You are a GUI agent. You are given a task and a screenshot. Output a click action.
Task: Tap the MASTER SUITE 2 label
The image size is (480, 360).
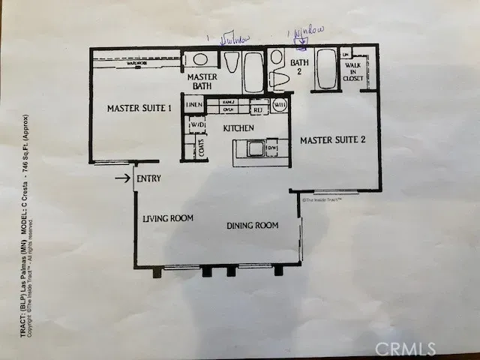point(332,140)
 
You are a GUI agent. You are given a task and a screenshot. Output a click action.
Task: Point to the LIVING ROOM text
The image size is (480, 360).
point(168,219)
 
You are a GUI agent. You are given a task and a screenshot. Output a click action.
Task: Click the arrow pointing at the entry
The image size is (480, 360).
point(121,178)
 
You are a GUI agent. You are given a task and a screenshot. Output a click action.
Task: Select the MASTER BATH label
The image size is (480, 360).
point(202,82)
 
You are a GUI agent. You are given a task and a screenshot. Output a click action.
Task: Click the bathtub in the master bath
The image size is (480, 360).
point(253,73)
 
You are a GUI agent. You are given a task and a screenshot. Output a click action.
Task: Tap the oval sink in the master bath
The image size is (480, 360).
point(200,59)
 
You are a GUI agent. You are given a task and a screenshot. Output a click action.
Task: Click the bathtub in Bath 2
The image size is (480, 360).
point(327,70)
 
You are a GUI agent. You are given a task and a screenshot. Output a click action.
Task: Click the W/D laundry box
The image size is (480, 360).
point(197,125)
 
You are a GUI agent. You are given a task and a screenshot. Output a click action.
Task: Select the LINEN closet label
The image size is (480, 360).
point(194,105)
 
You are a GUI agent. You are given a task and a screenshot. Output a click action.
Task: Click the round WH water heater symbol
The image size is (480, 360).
point(279,106)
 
